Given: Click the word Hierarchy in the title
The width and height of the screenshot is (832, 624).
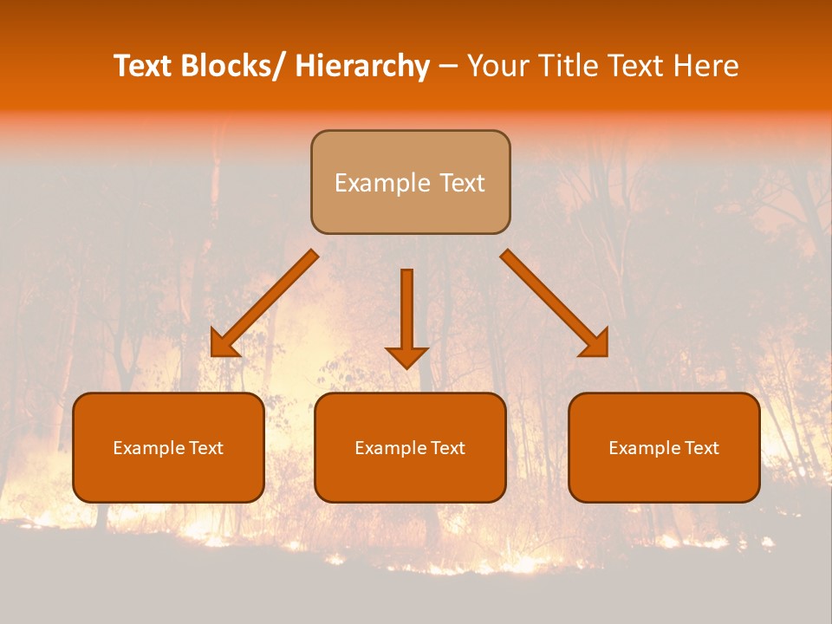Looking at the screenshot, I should pyautogui.click(x=362, y=67).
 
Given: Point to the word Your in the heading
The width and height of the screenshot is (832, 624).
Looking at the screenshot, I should pyautogui.click(x=497, y=67).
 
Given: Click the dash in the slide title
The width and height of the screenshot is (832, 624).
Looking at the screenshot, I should pyautogui.click(x=448, y=67).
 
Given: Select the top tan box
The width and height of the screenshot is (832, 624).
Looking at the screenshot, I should pyautogui.click(x=410, y=182).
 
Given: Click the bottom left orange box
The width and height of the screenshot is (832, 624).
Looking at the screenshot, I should pyautogui.click(x=168, y=447).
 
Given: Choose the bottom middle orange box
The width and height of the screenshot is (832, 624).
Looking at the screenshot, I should pyautogui.click(x=410, y=447).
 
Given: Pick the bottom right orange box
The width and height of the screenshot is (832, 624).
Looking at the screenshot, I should pyautogui.click(x=664, y=447).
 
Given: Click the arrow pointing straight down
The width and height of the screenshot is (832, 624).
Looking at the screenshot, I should pyautogui.click(x=406, y=316).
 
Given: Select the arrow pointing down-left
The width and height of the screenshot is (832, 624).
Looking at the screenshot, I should pyautogui.click(x=265, y=303).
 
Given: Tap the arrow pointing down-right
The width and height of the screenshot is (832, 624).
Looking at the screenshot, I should pyautogui.click(x=555, y=303).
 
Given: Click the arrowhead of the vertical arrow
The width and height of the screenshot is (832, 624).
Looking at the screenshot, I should pyautogui.click(x=406, y=356).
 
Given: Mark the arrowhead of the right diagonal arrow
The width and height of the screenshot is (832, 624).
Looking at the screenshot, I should pyautogui.click(x=595, y=343).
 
